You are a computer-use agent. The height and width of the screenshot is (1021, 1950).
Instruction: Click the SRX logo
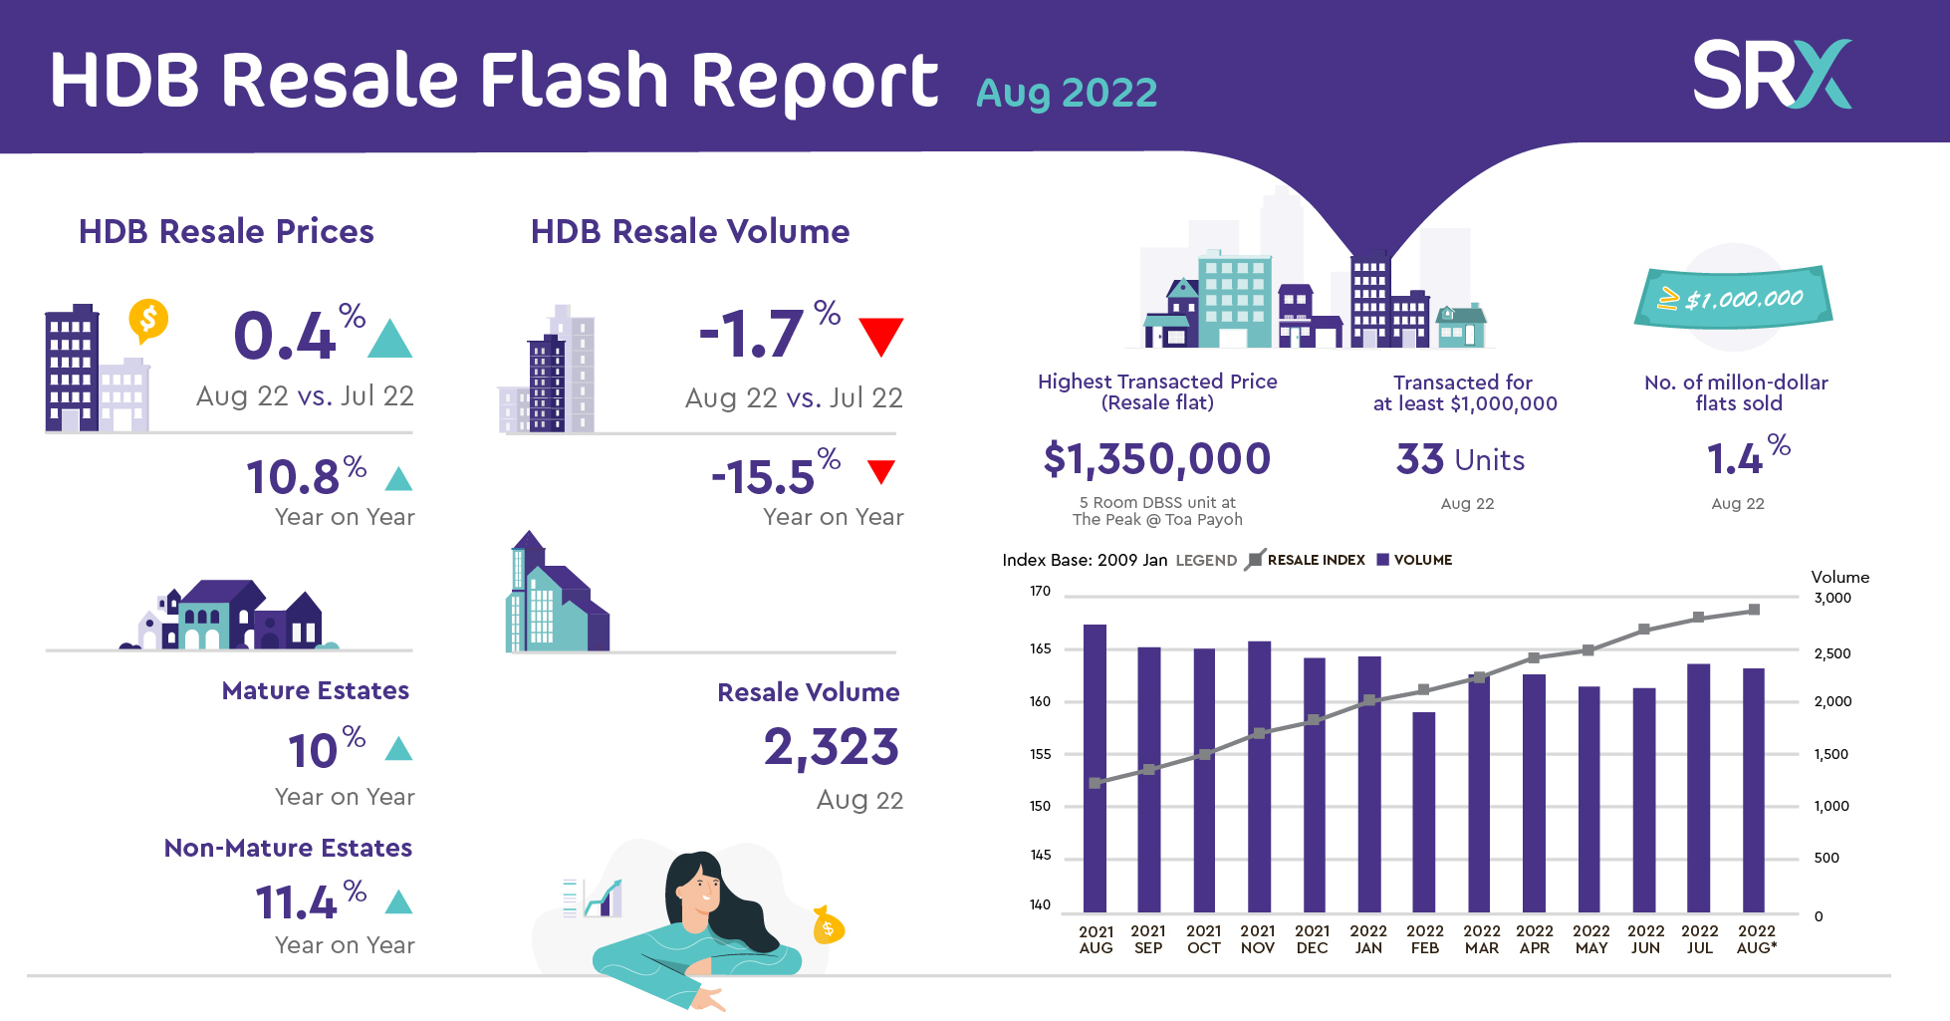pos(1772,74)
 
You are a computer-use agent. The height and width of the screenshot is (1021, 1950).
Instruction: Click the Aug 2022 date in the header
pos(1067,94)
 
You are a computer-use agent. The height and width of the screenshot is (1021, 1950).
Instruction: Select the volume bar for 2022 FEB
pos(1424,812)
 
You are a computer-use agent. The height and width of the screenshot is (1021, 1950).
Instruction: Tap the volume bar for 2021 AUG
pos(1096,768)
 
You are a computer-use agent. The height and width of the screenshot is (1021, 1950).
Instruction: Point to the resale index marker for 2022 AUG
pos(1754,610)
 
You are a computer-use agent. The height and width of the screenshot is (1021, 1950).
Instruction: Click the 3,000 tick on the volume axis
pos(1832,598)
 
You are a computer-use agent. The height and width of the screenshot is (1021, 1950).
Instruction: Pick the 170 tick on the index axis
pos(1040,591)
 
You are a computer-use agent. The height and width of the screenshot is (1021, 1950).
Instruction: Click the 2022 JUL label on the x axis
pos(1700,939)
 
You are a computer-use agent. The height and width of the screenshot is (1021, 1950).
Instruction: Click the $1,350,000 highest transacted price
pos(1157,459)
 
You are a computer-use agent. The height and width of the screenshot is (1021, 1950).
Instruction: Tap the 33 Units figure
pos(1460,459)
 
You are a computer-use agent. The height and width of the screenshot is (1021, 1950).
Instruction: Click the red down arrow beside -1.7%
pos(880,337)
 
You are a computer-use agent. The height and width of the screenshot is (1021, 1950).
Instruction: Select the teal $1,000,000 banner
pos(1734,297)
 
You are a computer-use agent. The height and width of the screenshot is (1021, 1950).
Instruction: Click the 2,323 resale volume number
pos(832,748)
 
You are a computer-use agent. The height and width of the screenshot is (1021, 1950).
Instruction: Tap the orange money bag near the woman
pos(828,925)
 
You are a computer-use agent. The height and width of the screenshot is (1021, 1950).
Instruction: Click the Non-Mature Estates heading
pos(288,848)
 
